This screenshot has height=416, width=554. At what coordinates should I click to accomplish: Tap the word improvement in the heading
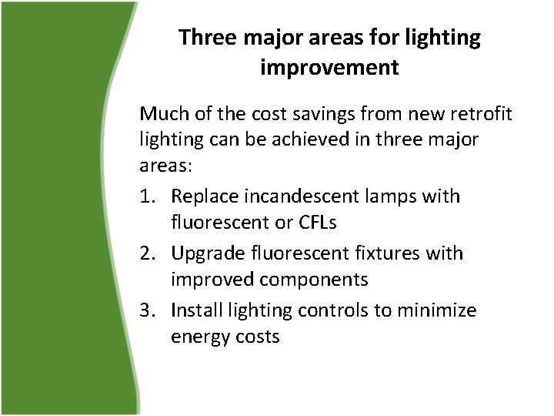pos(329,68)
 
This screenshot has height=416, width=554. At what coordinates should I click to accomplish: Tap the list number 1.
pos(147,197)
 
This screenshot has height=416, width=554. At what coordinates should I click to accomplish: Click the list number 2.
pos(147,253)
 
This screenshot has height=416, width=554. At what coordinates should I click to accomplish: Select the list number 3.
pos(147,310)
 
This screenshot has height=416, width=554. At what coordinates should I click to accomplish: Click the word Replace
pos(202,197)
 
